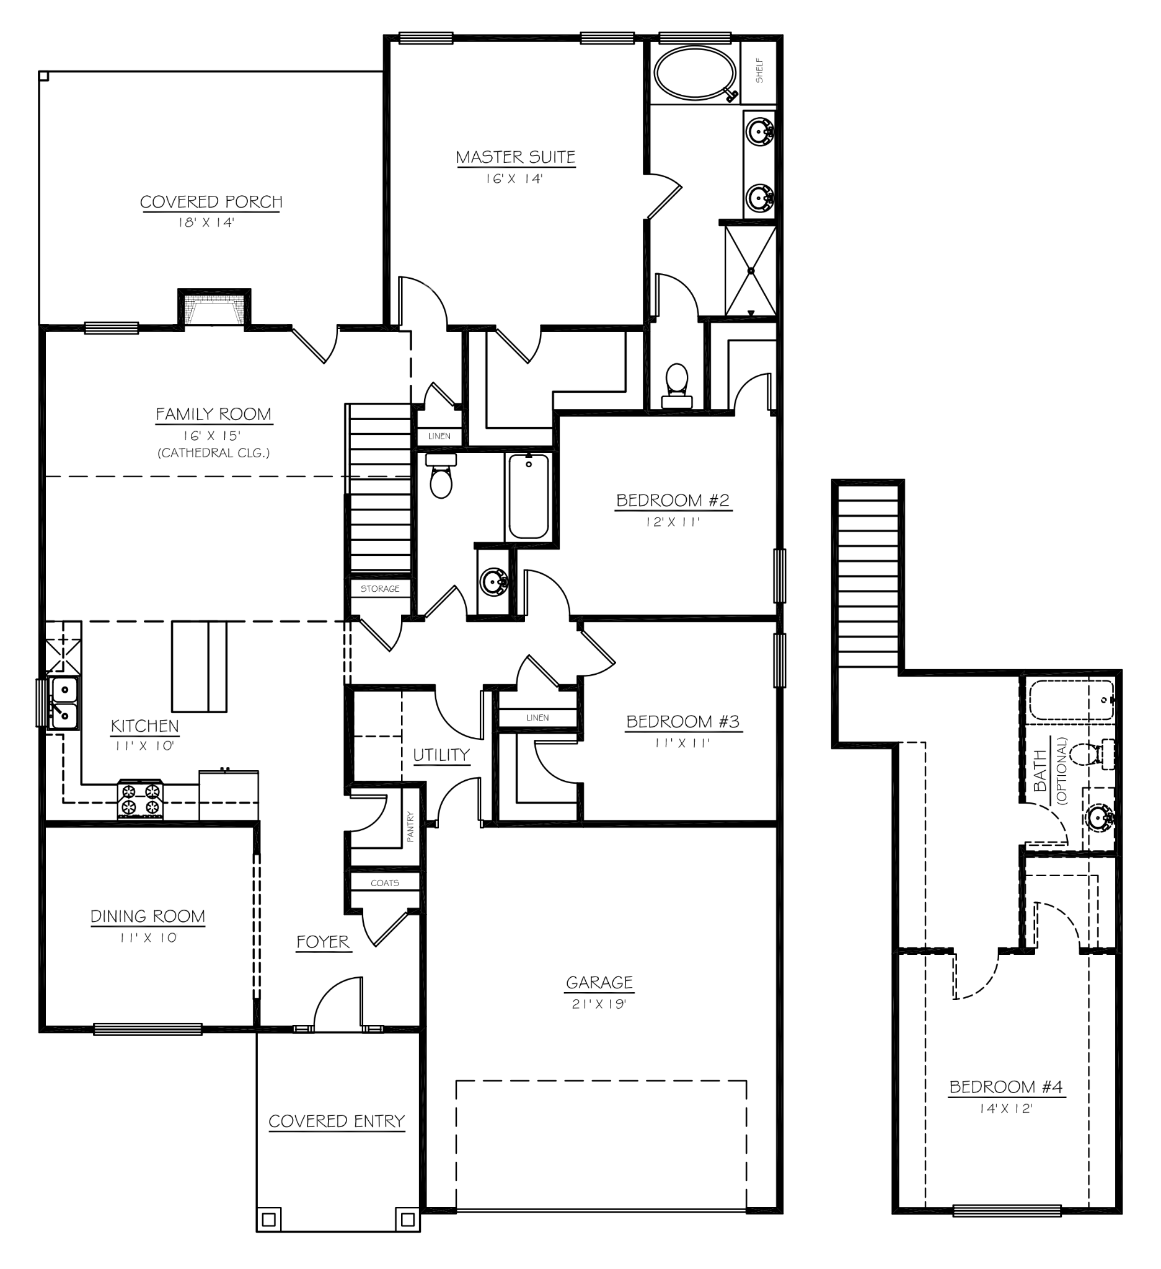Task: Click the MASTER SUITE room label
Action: (515, 157)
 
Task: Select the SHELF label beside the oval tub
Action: (759, 71)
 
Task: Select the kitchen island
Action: (199, 666)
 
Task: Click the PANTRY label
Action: (410, 826)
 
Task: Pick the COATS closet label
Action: (385, 882)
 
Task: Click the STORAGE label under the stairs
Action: (379, 589)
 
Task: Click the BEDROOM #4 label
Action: (1005, 1086)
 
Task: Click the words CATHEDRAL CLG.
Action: (213, 452)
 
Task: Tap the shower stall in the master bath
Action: (750, 271)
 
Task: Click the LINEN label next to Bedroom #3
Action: (537, 718)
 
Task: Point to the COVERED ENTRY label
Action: (336, 1121)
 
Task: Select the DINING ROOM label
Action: (148, 916)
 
